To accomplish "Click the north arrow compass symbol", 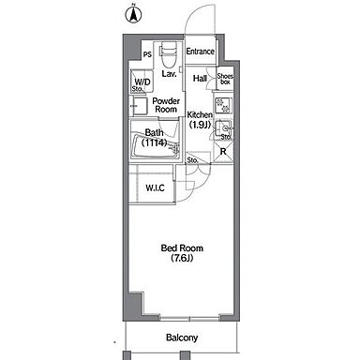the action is click(x=134, y=14).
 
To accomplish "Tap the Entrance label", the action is click(x=200, y=52).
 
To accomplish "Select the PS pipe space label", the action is click(x=147, y=54).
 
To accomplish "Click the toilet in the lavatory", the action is click(x=169, y=53).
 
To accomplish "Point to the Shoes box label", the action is click(x=225, y=79).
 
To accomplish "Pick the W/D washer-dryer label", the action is click(x=142, y=82).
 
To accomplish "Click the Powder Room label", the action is click(x=166, y=105).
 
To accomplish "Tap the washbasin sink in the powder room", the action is click(x=139, y=106).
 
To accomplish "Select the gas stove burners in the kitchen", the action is click(x=223, y=105).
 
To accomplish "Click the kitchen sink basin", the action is click(x=224, y=128).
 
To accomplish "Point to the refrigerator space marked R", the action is click(x=223, y=152).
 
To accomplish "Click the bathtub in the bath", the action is click(x=157, y=146).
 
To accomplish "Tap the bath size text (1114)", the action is click(x=154, y=142).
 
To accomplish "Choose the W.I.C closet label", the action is click(x=155, y=187).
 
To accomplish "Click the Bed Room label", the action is click(x=182, y=248).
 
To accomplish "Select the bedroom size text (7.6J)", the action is click(x=182, y=258).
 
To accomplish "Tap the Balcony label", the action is click(x=182, y=337).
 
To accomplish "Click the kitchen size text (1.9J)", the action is click(x=200, y=125).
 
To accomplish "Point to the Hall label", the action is click(x=200, y=78).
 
